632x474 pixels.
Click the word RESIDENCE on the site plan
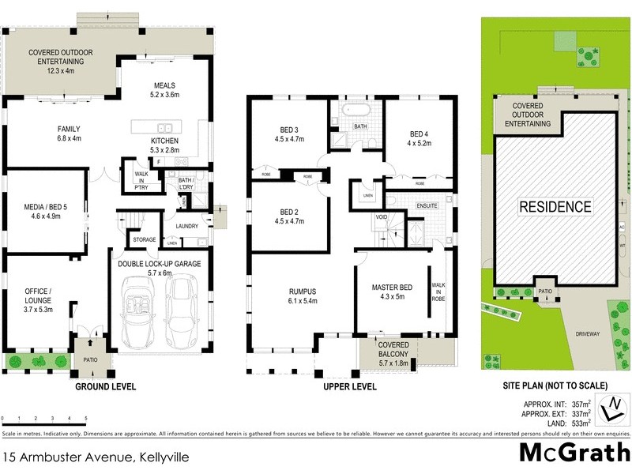[x=555, y=207]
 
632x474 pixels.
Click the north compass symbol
[x=609, y=408]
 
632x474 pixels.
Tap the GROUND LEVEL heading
[x=105, y=387]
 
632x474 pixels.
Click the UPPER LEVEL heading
[x=349, y=387]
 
